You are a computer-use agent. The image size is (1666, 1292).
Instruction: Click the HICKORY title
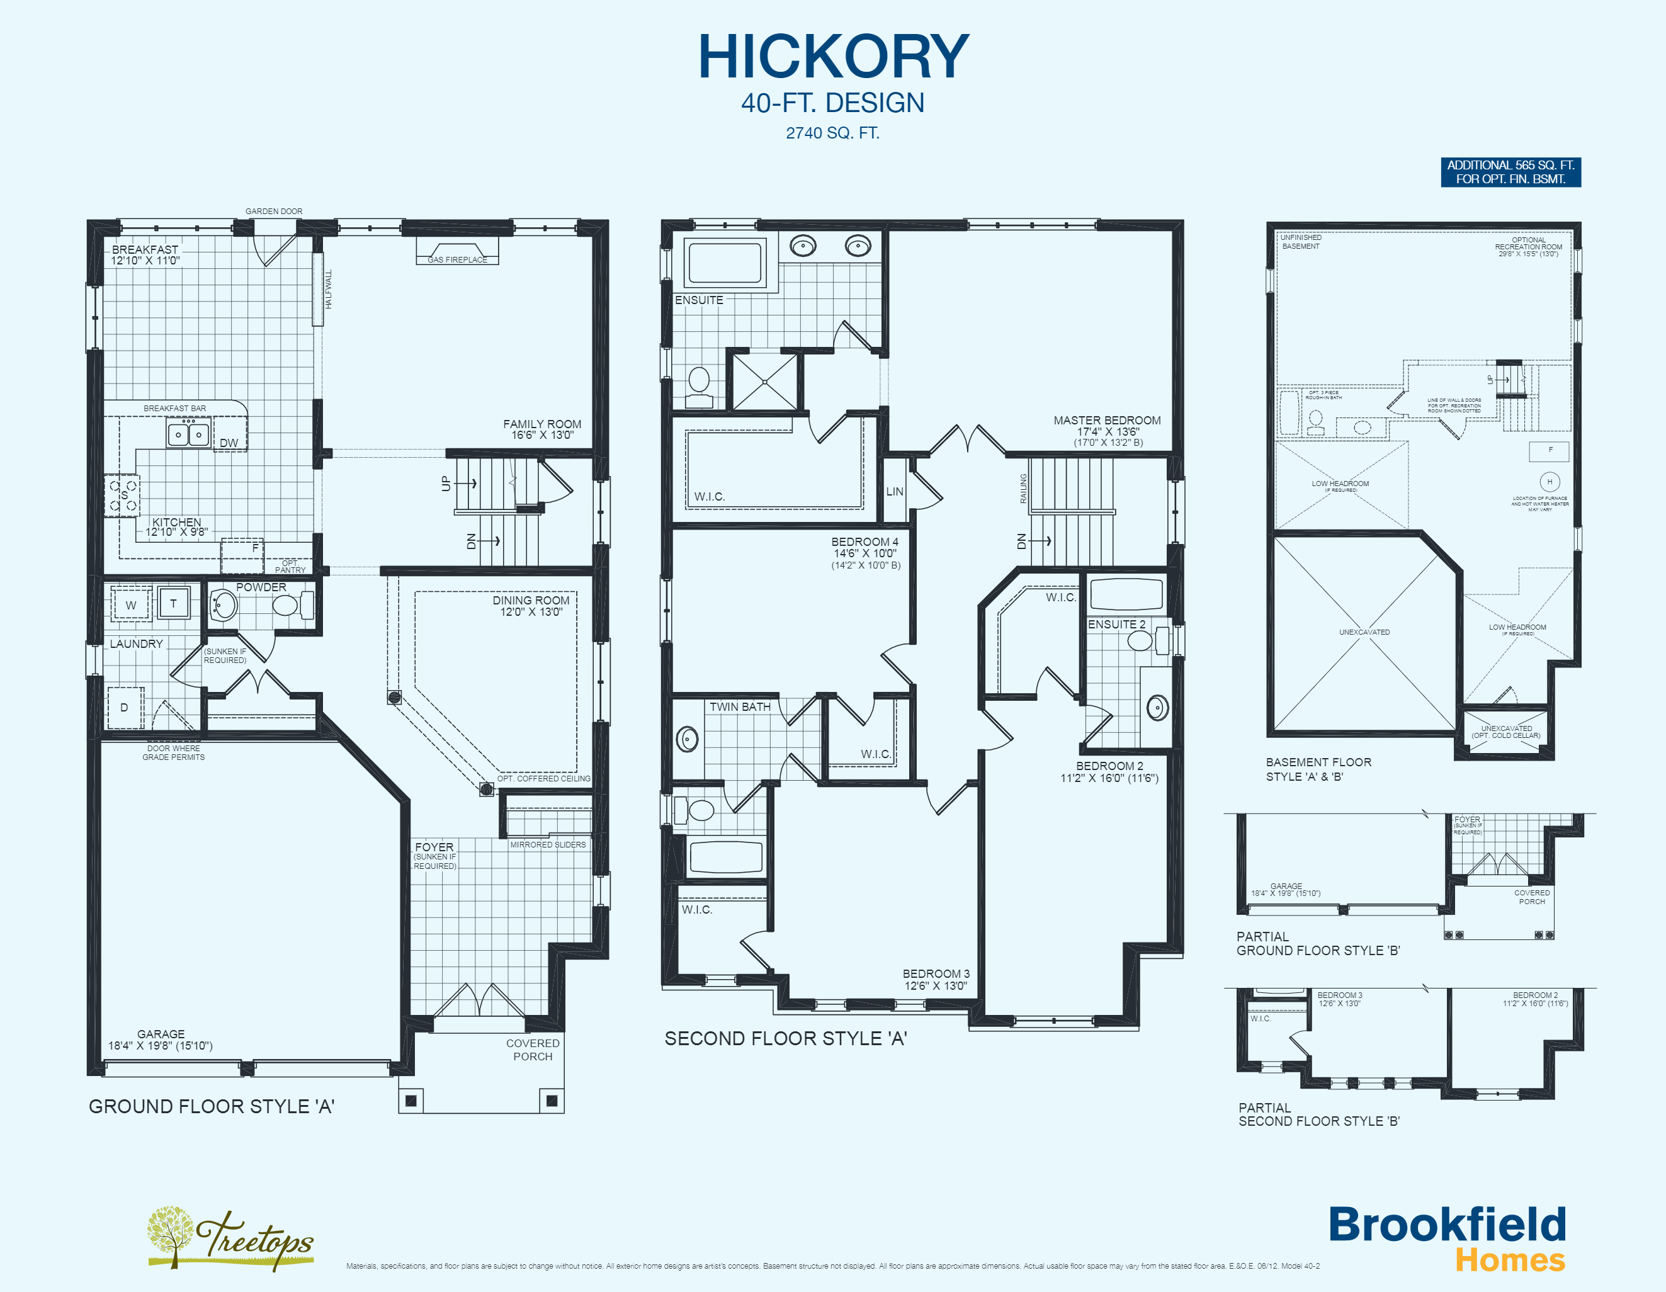point(833,57)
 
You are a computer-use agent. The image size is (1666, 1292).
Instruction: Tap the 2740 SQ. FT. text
point(832,133)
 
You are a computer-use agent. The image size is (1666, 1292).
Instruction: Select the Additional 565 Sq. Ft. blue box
point(1510,172)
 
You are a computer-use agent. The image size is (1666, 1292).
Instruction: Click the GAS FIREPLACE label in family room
point(457,259)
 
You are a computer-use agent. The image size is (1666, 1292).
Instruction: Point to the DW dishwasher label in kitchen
point(229,443)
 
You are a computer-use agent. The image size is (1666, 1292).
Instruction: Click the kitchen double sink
point(188,434)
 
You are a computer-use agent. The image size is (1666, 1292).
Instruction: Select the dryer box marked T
point(174,603)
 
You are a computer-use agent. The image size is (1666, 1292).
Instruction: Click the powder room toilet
point(286,606)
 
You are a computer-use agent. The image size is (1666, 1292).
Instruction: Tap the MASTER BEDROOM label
point(1107,420)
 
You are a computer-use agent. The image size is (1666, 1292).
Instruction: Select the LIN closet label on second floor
point(895,491)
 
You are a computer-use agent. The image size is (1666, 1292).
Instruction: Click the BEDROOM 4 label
point(864,541)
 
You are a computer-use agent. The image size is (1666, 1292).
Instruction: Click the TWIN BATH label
point(739,707)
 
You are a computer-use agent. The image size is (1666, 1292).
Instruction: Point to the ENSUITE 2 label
point(1116,624)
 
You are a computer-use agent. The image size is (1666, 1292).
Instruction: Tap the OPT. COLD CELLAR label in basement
point(1506,735)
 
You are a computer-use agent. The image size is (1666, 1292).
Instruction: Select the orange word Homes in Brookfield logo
point(1510,1260)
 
